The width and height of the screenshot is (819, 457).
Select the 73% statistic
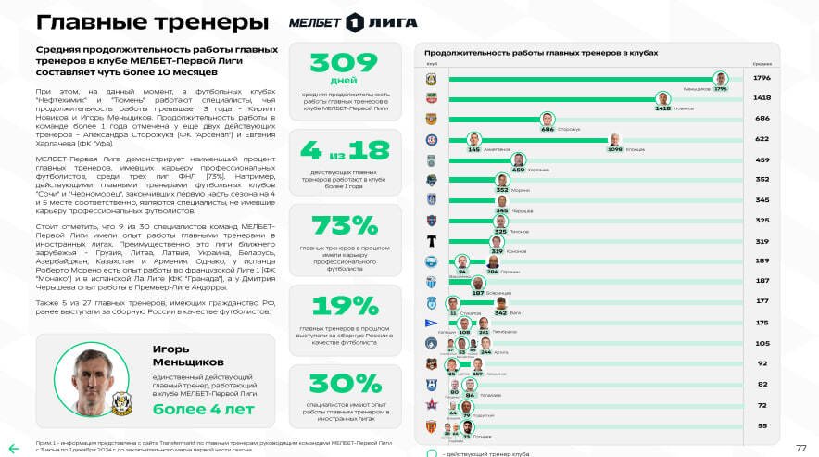pyautogui.click(x=346, y=225)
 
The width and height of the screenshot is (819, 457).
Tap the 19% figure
pyautogui.click(x=346, y=306)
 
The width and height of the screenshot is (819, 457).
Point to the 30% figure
pyautogui.click(x=346, y=384)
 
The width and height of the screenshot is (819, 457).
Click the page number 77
pyautogui.click(x=801, y=447)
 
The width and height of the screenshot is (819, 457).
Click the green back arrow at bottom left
pyautogui.click(x=14, y=448)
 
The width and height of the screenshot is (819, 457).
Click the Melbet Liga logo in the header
pyautogui.click(x=354, y=21)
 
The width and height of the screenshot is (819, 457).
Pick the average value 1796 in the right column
pyautogui.click(x=762, y=78)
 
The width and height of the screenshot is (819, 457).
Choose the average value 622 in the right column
pyautogui.click(x=762, y=139)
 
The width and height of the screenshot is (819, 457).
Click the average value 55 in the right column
pyautogui.click(x=762, y=425)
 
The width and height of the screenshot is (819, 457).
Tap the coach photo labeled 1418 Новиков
pyautogui.click(x=662, y=98)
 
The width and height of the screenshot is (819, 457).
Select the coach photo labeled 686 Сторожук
pyautogui.click(x=548, y=119)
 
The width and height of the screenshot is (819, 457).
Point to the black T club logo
pyautogui.click(x=432, y=241)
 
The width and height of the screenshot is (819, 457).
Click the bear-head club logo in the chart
pyautogui.click(x=432, y=180)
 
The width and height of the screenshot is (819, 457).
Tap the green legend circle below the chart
pyautogui.click(x=432, y=454)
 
